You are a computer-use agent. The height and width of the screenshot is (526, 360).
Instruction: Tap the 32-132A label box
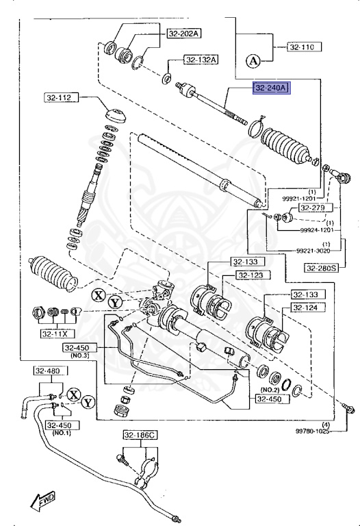[x=201, y=60]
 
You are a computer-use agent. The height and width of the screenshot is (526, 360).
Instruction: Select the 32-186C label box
[x=140, y=435]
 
